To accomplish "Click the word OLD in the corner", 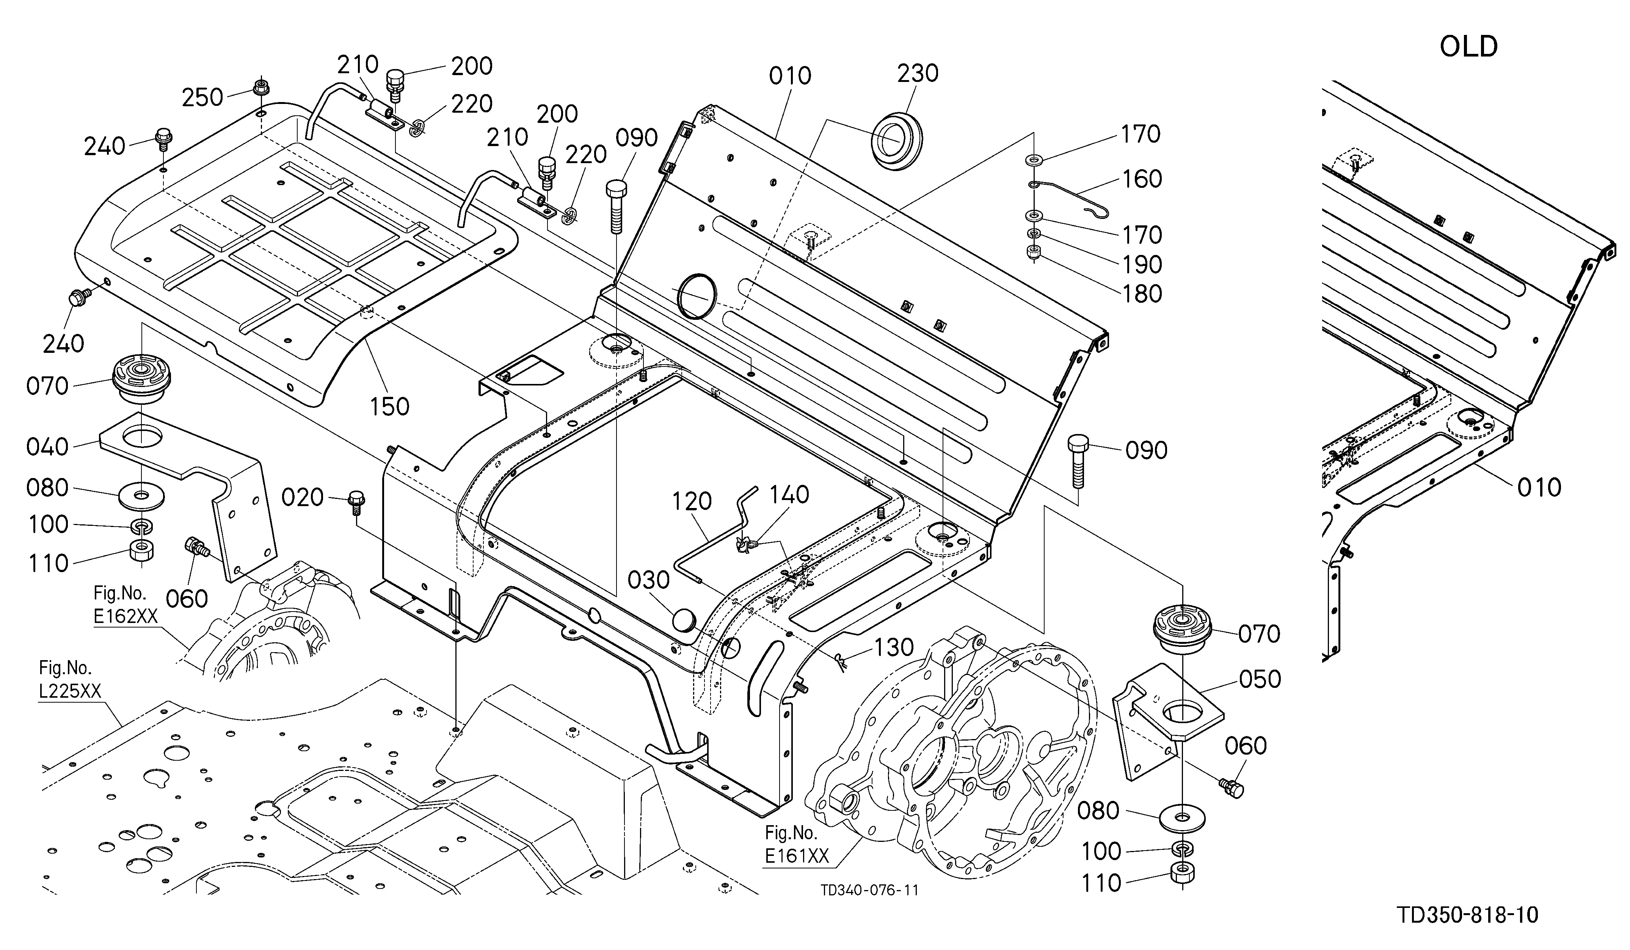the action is point(1468,47).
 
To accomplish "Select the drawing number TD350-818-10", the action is point(1467,915).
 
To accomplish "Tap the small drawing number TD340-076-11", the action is point(869,890).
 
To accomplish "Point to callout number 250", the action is point(202,98).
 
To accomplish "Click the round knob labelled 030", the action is point(684,619).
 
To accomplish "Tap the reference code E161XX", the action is point(797,856).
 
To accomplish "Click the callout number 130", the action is point(894,647).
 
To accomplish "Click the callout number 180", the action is point(1142,294).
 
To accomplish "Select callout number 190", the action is point(1142,265).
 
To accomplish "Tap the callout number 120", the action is point(692,501).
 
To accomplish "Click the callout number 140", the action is point(789,494).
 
